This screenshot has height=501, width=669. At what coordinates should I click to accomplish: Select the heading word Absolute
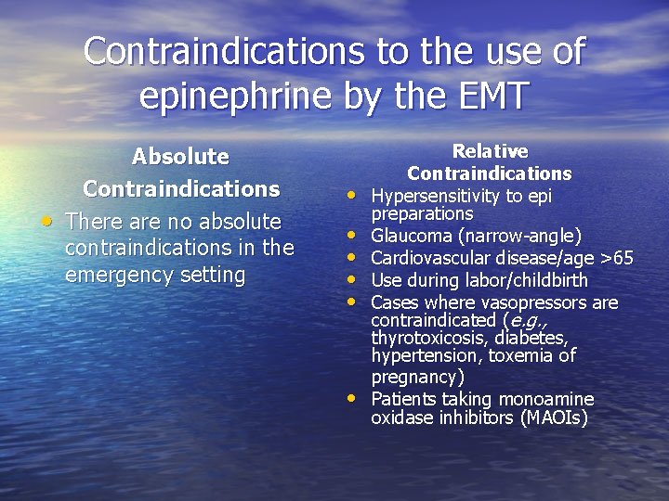pos(180,156)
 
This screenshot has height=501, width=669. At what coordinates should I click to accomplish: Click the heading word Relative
pos(489,151)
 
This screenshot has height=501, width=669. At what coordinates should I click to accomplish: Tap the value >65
pos(614,258)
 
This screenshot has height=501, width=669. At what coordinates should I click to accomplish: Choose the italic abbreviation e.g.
pos(525,321)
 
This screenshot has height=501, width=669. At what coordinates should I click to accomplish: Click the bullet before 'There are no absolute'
pos(46,222)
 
